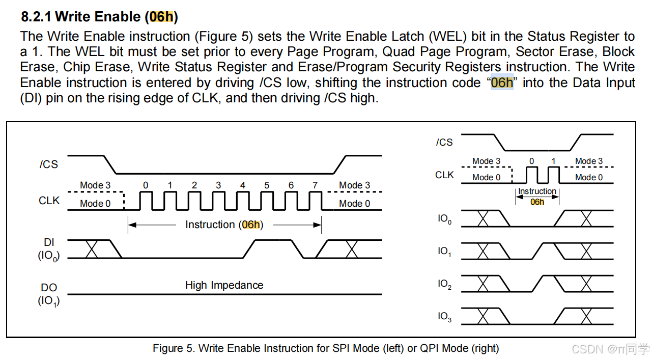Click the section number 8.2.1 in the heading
click(x=36, y=17)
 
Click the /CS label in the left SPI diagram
click(x=49, y=164)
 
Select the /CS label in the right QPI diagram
click(x=444, y=142)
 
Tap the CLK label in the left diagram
click(x=49, y=201)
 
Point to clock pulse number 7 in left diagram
click(x=315, y=185)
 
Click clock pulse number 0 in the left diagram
click(x=146, y=185)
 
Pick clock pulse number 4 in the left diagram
click(x=242, y=185)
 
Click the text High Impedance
click(x=224, y=285)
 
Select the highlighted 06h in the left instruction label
click(x=250, y=225)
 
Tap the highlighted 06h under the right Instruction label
click(x=537, y=202)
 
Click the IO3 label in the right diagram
click(x=444, y=317)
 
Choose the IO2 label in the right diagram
click(x=444, y=284)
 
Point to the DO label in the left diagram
click(x=49, y=288)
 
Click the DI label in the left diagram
click(x=49, y=243)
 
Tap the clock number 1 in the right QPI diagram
click(x=554, y=161)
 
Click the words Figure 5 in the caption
click(x=173, y=348)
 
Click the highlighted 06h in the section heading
click(x=161, y=17)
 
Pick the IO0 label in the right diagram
click(x=444, y=219)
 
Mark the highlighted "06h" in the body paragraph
click(x=502, y=82)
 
